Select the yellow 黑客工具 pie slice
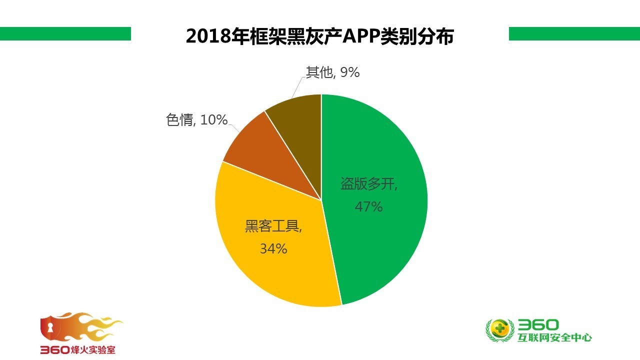[280, 270]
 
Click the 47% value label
[368, 206]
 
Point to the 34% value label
[273, 248]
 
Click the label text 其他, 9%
[332, 72]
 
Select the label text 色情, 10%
[196, 120]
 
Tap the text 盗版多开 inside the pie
[369, 184]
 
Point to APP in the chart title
[360, 36]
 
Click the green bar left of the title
[65, 33]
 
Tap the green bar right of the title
[574, 33]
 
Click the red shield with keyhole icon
[50, 328]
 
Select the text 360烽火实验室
[78, 350]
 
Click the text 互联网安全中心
[555, 338]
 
